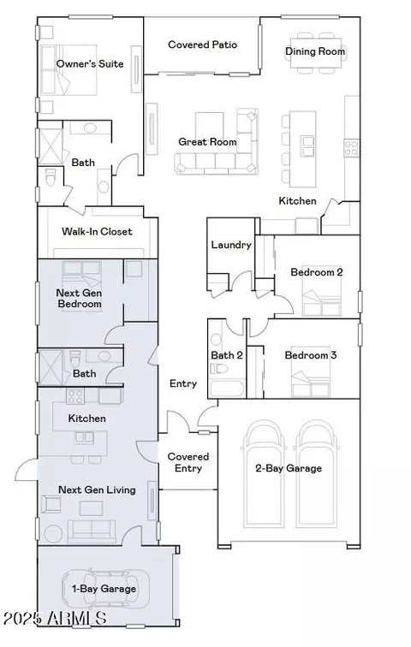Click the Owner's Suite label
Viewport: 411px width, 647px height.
[90, 64]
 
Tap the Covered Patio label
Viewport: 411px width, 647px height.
[203, 45]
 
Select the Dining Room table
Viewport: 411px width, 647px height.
[316, 52]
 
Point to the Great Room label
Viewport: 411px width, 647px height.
[207, 142]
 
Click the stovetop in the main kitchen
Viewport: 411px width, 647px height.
[351, 148]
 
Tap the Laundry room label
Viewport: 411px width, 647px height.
[231, 245]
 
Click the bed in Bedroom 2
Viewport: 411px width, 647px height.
[322, 291]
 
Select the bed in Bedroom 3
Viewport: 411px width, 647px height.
[311, 371]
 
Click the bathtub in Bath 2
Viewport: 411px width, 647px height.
[227, 388]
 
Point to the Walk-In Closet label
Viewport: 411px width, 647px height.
[97, 231]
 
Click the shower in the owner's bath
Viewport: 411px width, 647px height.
[50, 146]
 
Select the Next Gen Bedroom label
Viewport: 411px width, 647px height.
[80, 299]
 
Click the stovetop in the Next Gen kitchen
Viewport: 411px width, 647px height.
[75, 395]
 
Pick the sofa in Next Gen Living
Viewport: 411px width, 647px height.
[92, 531]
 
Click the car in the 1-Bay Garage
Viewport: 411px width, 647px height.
[105, 589]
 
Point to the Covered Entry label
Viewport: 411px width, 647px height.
[188, 462]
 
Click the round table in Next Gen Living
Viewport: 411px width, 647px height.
[53, 533]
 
